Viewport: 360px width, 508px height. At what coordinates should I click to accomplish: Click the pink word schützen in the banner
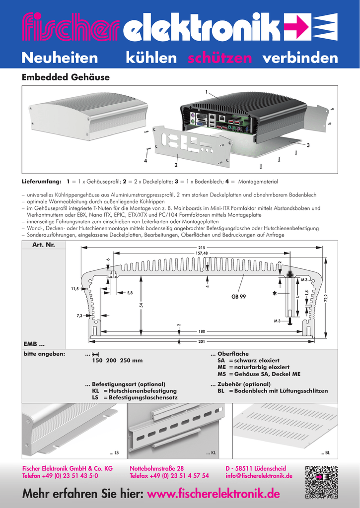[220, 58]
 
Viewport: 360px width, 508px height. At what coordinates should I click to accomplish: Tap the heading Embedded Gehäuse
[65, 77]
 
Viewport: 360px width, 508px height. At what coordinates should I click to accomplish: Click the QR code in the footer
[321, 483]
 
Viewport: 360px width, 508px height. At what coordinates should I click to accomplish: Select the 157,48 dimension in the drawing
[202, 253]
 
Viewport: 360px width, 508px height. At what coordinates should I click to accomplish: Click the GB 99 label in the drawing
[239, 296]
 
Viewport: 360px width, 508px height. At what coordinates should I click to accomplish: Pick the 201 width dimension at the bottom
[202, 341]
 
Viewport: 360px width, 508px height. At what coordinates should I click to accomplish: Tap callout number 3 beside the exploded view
[308, 145]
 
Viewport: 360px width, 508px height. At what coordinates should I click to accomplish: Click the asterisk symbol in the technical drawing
[274, 294]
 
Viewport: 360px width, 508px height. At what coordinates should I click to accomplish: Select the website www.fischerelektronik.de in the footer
[214, 494]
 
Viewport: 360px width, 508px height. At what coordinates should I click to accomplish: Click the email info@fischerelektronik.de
[259, 476]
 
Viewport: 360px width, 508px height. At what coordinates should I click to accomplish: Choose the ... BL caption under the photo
[325, 453]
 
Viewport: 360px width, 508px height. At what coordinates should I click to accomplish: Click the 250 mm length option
[131, 360]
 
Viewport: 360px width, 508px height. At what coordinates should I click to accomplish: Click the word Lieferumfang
[41, 182]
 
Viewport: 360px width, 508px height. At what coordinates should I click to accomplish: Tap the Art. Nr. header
[43, 245]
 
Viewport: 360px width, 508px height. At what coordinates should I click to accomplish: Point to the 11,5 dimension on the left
[75, 288]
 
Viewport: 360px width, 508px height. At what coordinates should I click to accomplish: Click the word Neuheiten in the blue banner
[60, 58]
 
